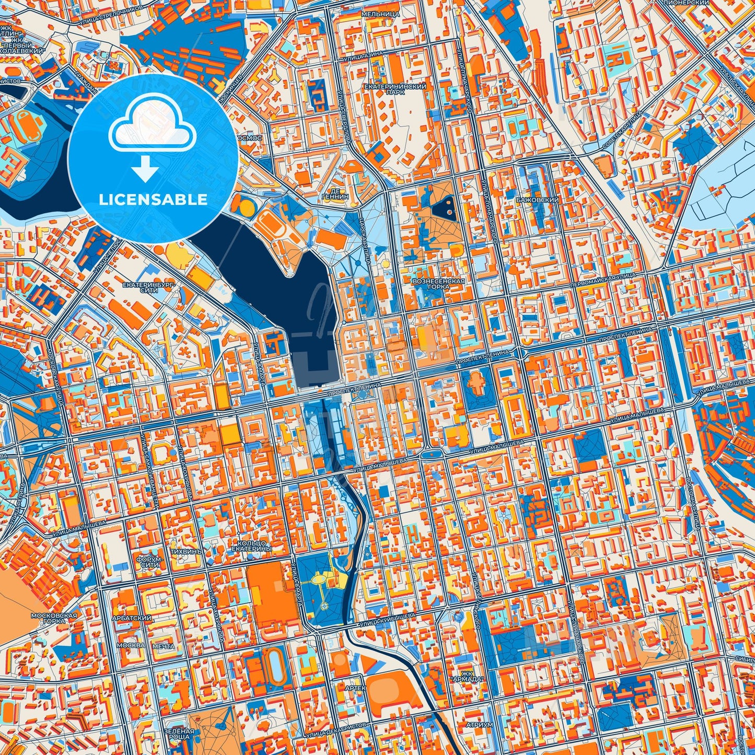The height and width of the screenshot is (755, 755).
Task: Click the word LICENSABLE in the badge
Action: pyautogui.click(x=153, y=200)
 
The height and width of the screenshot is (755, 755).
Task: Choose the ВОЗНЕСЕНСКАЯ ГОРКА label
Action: pyautogui.click(x=438, y=284)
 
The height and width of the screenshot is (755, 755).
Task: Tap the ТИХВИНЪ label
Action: pyautogui.click(x=185, y=551)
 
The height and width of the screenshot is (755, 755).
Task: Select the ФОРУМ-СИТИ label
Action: pyautogui.click(x=148, y=562)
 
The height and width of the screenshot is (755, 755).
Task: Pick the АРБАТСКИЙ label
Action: pyautogui.click(x=134, y=618)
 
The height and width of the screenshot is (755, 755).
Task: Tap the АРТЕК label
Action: pyautogui.click(x=355, y=688)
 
